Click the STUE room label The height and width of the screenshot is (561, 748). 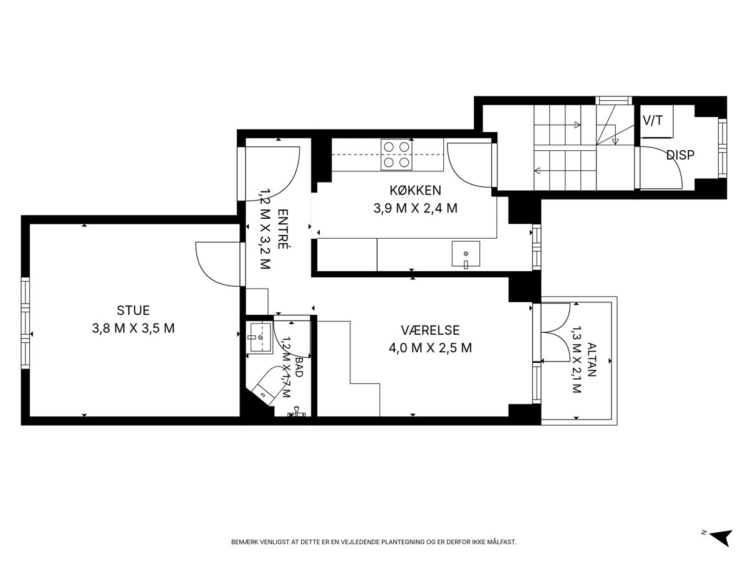tap(133, 310)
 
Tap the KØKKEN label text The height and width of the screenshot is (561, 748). tap(415, 190)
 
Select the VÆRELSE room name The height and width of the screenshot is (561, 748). tap(430, 330)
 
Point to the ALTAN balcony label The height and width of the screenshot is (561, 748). tap(592, 360)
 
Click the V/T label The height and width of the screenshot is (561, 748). tap(653, 120)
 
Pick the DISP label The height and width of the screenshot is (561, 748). tap(680, 155)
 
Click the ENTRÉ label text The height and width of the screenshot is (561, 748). tap(283, 229)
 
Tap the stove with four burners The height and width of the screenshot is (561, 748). tap(396, 155)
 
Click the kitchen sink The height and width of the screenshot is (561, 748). tap(466, 254)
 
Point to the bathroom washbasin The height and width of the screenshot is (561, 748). tap(261, 338)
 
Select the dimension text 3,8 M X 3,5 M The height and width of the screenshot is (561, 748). tap(133, 328)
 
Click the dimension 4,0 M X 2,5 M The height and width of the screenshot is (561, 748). tap(430, 348)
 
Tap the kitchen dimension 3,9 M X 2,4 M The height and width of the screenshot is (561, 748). tap(415, 208)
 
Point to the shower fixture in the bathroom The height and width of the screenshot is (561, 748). tap(297, 413)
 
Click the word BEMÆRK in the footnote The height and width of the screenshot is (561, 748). tap(243, 542)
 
